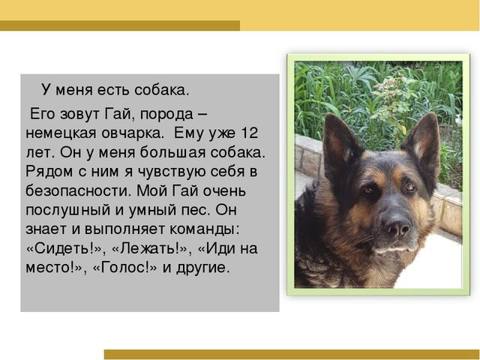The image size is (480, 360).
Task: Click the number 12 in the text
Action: click(x=250, y=133)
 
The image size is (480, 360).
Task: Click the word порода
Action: click(x=166, y=115)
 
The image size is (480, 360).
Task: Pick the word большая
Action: click(x=172, y=152)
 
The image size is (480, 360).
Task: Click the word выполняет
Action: click(x=124, y=229)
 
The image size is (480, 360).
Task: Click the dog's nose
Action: click(x=397, y=226)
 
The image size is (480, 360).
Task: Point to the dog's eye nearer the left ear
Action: click(x=368, y=190)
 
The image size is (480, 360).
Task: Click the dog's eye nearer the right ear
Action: click(x=410, y=187)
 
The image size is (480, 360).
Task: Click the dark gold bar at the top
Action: click(x=120, y=25)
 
